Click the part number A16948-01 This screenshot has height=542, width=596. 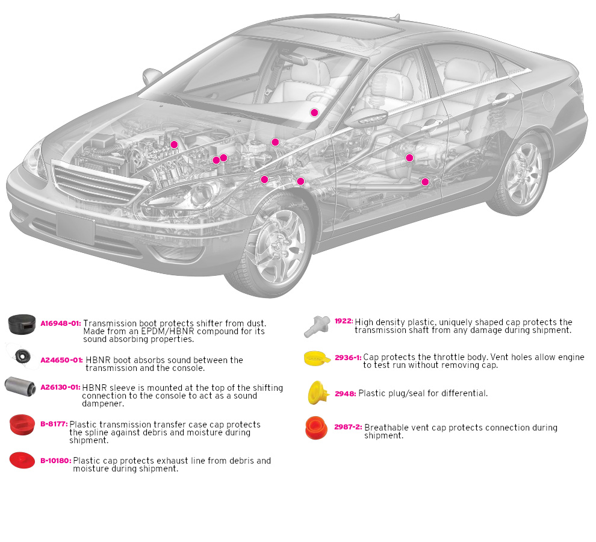coord(60,323)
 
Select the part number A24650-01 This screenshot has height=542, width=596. coord(61,360)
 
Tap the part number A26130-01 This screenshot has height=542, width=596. coord(60,388)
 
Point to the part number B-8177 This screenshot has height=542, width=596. coord(54,425)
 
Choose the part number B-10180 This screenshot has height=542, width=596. coord(55,461)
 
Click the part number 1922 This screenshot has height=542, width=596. coord(344,322)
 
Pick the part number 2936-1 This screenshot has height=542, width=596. coord(348,357)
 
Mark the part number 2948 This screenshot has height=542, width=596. coord(345,394)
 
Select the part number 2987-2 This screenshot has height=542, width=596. coord(348,428)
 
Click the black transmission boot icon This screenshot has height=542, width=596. coord(22,325)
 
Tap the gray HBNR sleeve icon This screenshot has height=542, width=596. coord(19,385)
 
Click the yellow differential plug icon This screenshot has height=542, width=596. coord(317,392)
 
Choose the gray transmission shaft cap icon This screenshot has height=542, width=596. coord(317,325)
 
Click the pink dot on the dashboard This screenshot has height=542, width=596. coord(314,113)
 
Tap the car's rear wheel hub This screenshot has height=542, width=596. coord(524,175)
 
